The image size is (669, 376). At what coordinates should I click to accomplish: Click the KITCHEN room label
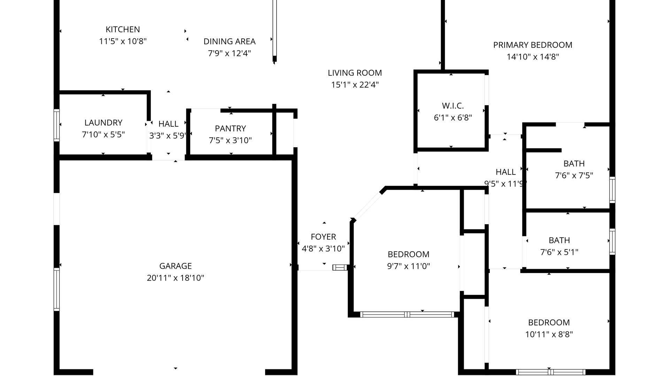tap(123, 30)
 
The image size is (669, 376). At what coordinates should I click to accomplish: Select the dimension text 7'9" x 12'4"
tap(229, 53)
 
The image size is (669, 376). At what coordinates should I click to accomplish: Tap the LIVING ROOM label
tap(355, 73)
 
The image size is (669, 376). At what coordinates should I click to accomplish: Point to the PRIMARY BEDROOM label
tap(532, 45)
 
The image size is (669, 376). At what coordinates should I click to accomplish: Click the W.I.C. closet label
tap(453, 105)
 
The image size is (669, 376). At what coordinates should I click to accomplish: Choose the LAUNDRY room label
tap(103, 123)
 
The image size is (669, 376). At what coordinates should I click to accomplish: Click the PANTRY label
tap(230, 128)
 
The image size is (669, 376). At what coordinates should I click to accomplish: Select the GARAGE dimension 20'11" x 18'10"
tap(175, 278)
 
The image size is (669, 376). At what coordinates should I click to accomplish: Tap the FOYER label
tap(323, 237)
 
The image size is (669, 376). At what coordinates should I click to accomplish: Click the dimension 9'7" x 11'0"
tap(408, 266)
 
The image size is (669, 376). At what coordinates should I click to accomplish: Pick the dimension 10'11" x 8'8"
tap(549, 334)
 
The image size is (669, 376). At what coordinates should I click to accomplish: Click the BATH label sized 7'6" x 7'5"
tap(574, 163)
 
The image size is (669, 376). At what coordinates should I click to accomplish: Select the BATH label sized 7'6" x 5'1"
tap(559, 240)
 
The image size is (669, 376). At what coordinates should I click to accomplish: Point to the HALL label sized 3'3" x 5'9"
tap(168, 124)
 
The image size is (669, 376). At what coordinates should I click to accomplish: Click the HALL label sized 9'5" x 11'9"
tap(506, 172)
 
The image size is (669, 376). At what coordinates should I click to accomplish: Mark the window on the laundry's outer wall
tap(56, 125)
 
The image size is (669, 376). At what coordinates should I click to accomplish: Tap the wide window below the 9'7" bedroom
tap(407, 314)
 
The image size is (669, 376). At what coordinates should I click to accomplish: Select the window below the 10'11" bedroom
tap(551, 372)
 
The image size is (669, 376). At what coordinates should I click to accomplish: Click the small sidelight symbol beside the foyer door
tap(340, 267)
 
